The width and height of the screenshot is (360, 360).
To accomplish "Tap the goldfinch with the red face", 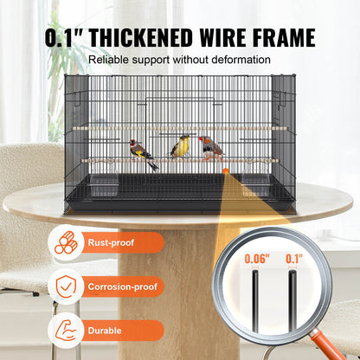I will pos(142,152).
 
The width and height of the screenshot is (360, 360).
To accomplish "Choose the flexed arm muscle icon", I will pos(66,330).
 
